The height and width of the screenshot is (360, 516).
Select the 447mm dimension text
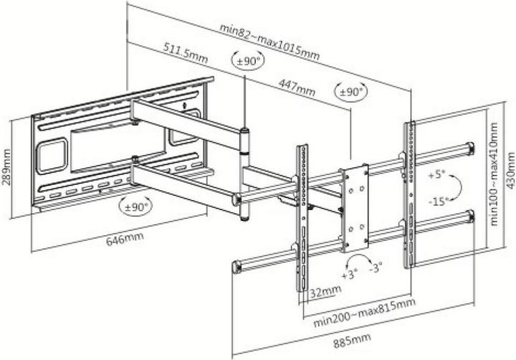(x=296, y=87)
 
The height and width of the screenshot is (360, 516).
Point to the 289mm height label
(x=7, y=166)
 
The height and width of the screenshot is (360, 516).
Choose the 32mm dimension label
(x=325, y=293)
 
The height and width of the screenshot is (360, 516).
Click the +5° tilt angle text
(x=435, y=174)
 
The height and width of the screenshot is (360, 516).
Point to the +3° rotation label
(x=349, y=275)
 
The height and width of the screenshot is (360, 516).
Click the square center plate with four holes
(x=355, y=208)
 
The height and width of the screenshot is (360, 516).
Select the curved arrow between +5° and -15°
(x=457, y=187)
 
